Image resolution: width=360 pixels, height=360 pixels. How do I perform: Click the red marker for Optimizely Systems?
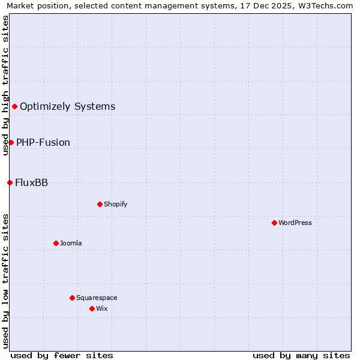(14, 107)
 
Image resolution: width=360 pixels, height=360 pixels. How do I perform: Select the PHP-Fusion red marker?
(11, 142)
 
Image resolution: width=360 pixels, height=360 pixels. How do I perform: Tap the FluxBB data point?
(10, 182)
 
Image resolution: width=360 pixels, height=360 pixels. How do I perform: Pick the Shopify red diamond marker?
(100, 204)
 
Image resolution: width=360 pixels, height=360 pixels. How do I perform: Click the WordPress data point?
(274, 223)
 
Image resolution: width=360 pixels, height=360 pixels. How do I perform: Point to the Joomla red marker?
(56, 243)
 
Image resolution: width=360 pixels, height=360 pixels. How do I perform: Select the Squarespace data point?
(72, 298)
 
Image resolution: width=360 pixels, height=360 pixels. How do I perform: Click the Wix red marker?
(92, 308)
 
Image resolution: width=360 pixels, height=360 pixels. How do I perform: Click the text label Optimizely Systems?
(67, 107)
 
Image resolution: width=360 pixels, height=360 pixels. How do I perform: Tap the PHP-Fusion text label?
(43, 142)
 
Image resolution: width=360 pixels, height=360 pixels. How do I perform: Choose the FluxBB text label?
(31, 182)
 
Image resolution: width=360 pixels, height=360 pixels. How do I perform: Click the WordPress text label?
(295, 223)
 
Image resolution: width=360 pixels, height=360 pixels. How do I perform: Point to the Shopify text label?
(116, 204)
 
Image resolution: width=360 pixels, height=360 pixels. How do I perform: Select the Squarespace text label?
(97, 298)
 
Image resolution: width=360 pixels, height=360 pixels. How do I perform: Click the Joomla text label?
(71, 243)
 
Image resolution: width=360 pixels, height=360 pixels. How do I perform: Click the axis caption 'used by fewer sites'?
(62, 355)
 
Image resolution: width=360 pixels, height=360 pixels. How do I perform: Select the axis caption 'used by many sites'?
(301, 355)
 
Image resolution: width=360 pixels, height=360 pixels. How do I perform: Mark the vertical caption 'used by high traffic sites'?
(5, 85)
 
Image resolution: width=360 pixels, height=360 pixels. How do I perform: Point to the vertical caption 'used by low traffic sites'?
(5, 281)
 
